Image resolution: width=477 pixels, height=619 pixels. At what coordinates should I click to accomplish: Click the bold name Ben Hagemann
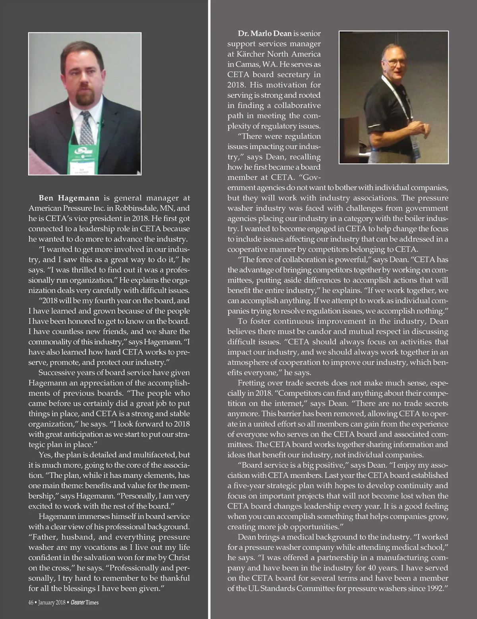[x=69, y=198]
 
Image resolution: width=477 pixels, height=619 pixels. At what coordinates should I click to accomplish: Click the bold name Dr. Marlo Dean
[x=265, y=33]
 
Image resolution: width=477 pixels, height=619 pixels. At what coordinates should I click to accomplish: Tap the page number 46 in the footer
[x=31, y=602]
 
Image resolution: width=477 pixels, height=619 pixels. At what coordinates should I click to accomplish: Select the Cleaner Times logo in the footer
[x=85, y=602]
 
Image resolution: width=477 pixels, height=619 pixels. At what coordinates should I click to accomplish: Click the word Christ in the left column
[x=179, y=557]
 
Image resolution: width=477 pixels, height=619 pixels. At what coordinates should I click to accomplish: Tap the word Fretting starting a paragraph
[x=251, y=383]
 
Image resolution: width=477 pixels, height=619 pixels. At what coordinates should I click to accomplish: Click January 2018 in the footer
[x=52, y=602]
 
